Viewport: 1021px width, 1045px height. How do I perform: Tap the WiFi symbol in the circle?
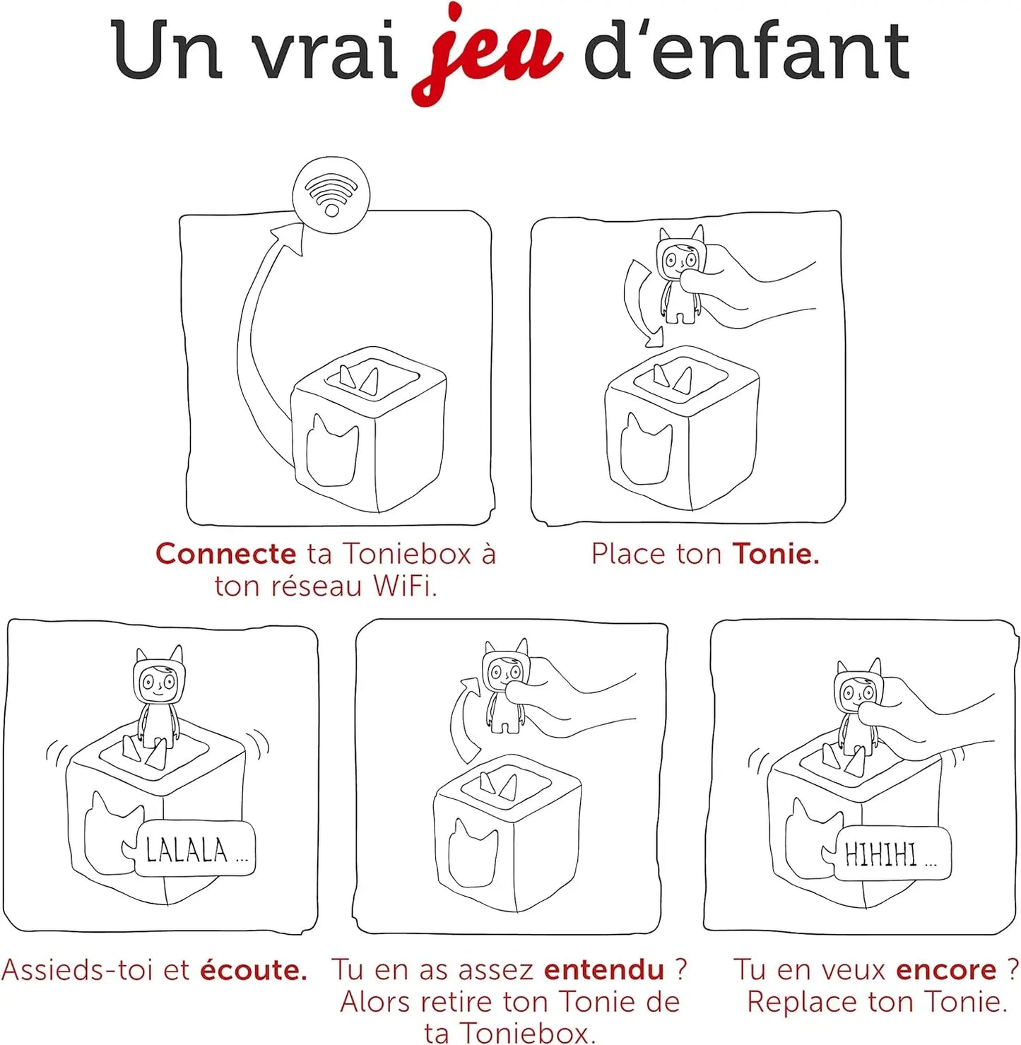(x=331, y=194)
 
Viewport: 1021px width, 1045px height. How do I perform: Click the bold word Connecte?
(x=225, y=554)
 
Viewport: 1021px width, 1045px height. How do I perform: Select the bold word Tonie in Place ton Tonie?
(x=775, y=554)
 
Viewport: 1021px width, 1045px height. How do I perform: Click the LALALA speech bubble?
(x=195, y=850)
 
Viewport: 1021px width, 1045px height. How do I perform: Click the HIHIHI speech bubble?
(x=892, y=854)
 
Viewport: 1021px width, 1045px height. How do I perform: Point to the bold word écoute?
(x=254, y=970)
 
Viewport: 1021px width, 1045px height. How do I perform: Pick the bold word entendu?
(x=604, y=970)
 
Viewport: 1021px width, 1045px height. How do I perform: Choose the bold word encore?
(x=945, y=970)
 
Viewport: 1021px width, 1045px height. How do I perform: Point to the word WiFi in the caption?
(x=404, y=586)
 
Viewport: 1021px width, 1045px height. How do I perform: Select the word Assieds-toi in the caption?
(x=78, y=970)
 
